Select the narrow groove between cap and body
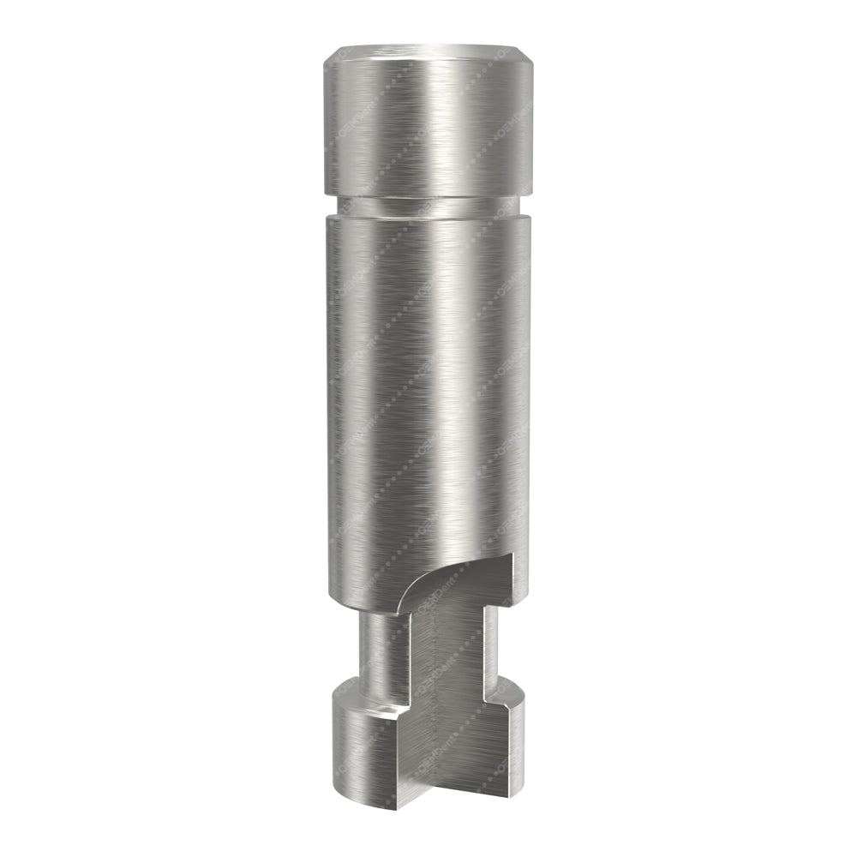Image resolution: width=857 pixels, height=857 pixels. click(x=428, y=206)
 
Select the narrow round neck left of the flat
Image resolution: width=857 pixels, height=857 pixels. click(x=381, y=643)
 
